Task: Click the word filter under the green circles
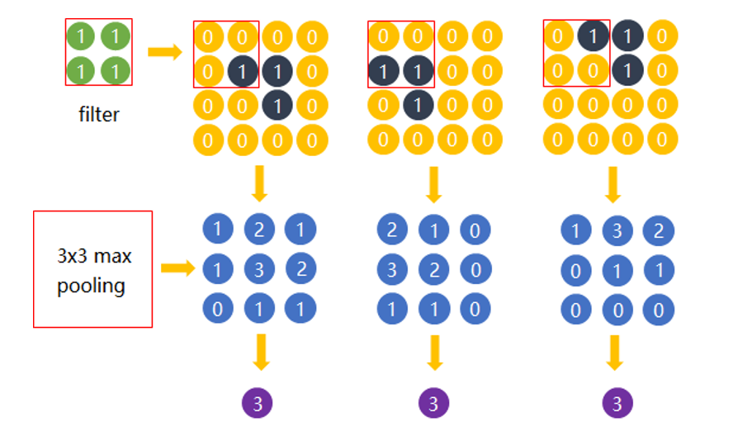tap(99, 114)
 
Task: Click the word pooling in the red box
tap(91, 287)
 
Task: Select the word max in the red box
tap(111, 256)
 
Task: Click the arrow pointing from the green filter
tap(165, 53)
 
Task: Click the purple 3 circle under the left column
tap(258, 404)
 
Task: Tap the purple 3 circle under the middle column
tap(433, 404)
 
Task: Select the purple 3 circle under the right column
tap(615, 404)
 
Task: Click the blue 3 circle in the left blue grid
tap(259, 268)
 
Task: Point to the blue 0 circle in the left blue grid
tap(217, 309)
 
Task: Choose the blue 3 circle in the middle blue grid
tap(392, 268)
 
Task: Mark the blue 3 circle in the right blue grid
tap(617, 230)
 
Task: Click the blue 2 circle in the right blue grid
tap(658, 230)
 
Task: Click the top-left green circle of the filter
tap(81, 36)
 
